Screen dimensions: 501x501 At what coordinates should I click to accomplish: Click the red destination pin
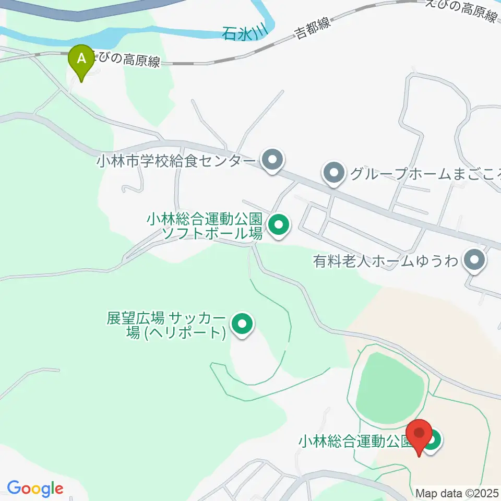pyautogui.click(x=420, y=436)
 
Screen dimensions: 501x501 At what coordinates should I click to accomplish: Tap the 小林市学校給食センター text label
pyautogui.click(x=175, y=161)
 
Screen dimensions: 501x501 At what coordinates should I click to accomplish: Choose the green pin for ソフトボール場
pyautogui.click(x=278, y=225)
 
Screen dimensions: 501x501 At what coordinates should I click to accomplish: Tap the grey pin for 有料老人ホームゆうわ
pyautogui.click(x=474, y=260)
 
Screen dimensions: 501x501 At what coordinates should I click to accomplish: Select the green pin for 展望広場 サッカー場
pyautogui.click(x=242, y=325)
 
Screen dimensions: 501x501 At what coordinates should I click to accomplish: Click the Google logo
pyautogui.click(x=35, y=488)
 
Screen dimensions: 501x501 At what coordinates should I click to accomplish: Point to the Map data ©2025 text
pyautogui.click(x=457, y=493)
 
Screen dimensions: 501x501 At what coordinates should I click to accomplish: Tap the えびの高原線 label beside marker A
pyautogui.click(x=128, y=61)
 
